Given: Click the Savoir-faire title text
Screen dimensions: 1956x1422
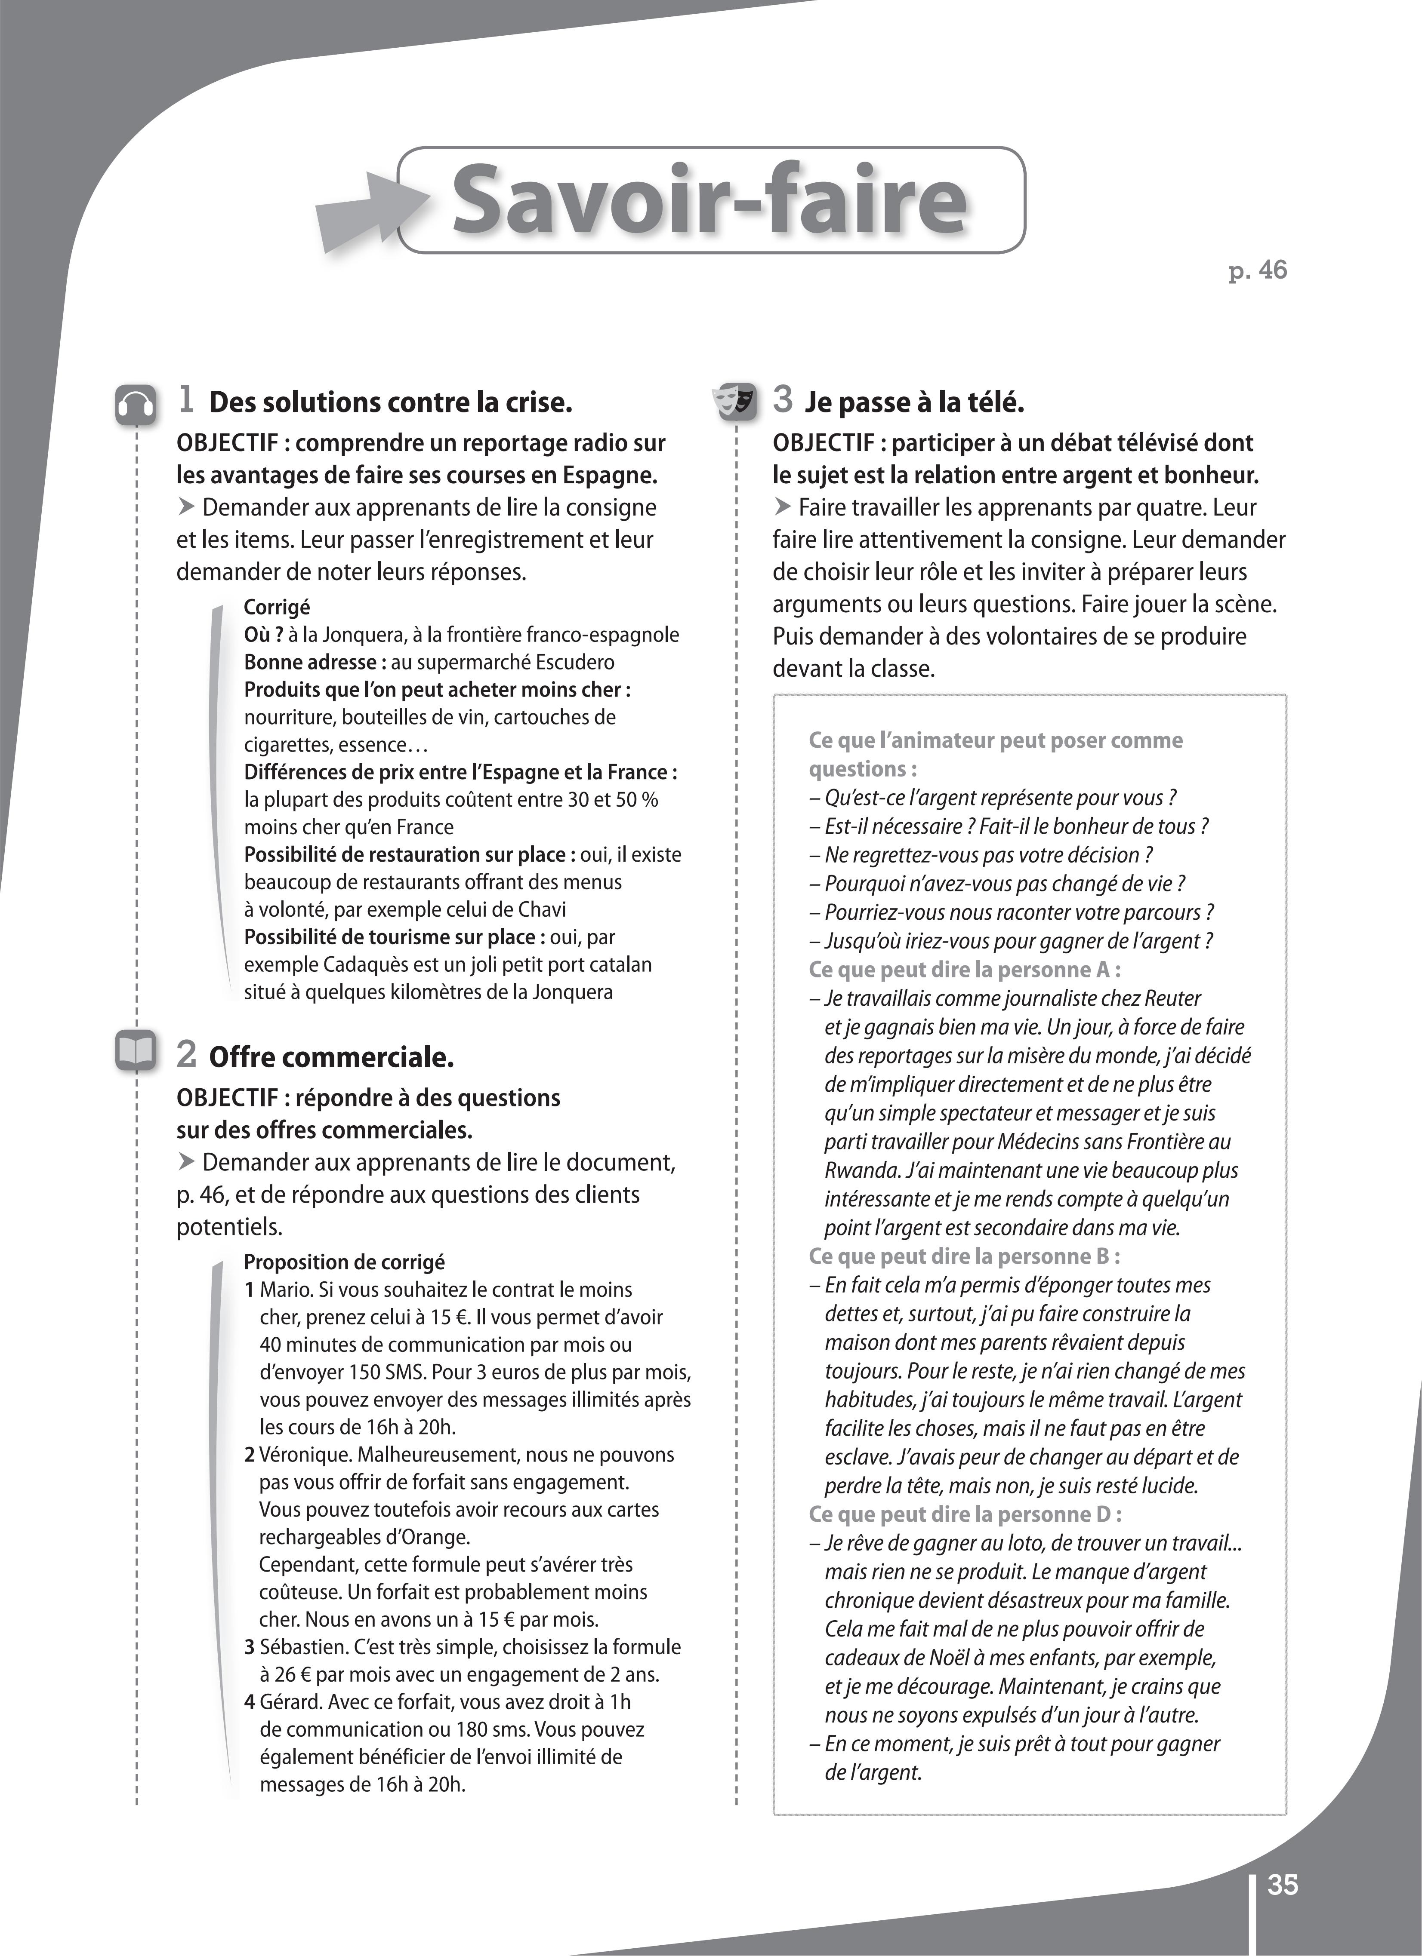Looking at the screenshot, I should click(x=709, y=201).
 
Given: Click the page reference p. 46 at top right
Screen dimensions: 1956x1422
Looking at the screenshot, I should click(x=1257, y=271).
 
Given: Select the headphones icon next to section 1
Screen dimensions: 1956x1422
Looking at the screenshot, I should click(x=136, y=405).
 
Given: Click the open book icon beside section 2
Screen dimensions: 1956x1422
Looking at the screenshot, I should click(x=136, y=1050).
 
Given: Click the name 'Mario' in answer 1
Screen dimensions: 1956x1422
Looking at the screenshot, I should click(x=286, y=1290).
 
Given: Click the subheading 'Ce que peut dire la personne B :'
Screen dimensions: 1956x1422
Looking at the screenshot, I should click(x=964, y=1256).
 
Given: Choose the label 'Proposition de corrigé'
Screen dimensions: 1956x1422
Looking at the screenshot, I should click(x=344, y=1262).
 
